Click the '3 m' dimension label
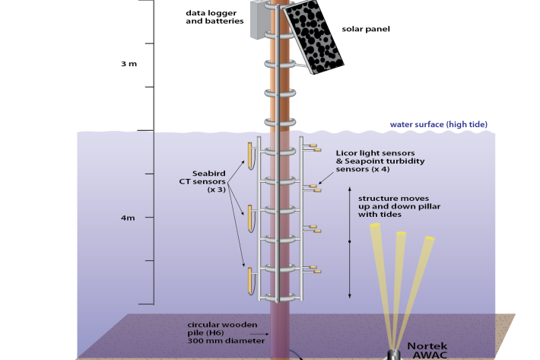pos(129,64)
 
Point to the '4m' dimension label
pos(128,218)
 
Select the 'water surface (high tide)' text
pos(438,124)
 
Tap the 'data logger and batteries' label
pos(211,17)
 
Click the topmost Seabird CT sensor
pos(247,155)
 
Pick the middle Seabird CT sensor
pos(248,218)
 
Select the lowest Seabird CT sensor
pos(248,279)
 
